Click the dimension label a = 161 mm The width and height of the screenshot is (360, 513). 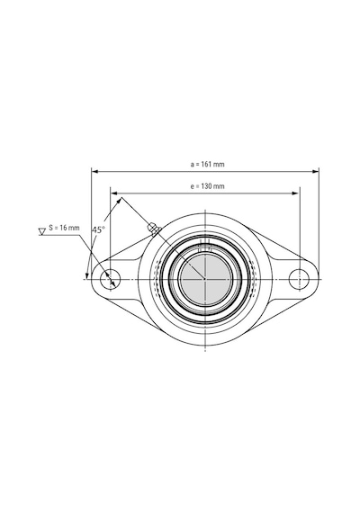(x=208, y=164)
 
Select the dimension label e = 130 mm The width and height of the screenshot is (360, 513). (x=208, y=186)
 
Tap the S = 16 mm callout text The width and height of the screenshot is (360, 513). (x=64, y=228)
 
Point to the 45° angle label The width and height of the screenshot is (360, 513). (x=98, y=229)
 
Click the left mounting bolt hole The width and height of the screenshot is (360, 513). (x=111, y=279)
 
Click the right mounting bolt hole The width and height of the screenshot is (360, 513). (x=299, y=279)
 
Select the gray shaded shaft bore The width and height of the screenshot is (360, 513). (x=205, y=279)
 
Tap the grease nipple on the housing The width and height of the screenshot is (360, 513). (x=153, y=228)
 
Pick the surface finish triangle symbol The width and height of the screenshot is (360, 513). (x=42, y=231)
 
